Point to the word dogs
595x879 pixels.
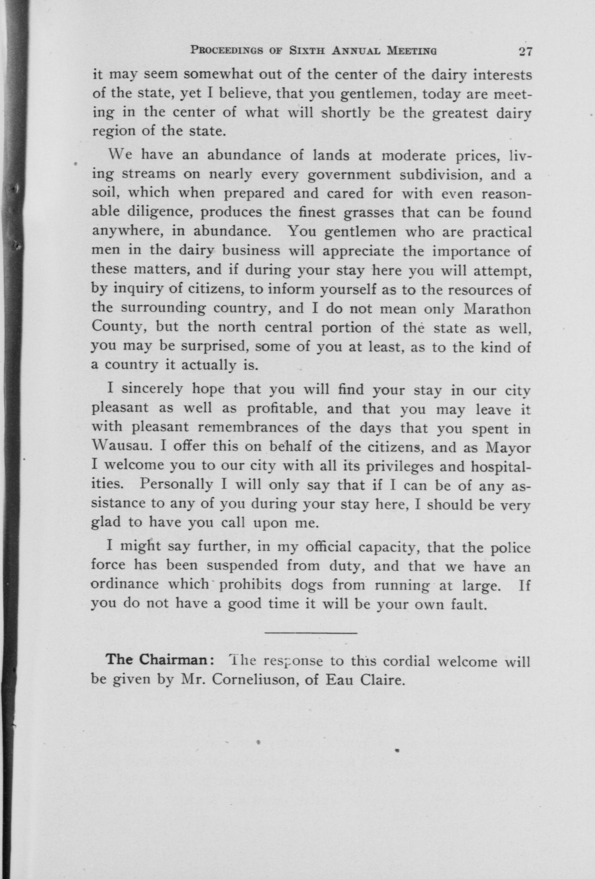click(308, 585)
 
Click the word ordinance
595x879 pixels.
click(125, 584)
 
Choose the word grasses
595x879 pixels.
click(369, 213)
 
